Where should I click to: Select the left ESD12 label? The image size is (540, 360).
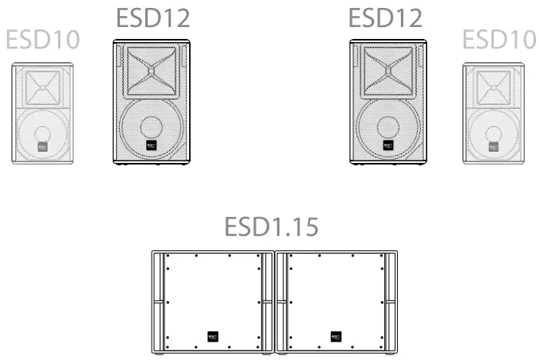click(153, 17)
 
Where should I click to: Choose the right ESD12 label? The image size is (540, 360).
click(386, 17)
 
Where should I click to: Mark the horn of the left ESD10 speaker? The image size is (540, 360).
click(42, 85)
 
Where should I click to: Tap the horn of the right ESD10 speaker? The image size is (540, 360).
click(493, 85)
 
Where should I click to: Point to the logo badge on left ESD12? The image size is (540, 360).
click(151, 146)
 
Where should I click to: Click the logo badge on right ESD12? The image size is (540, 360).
click(388, 146)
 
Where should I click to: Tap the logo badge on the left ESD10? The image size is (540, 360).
click(42, 148)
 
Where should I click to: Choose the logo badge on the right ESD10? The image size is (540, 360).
click(493, 148)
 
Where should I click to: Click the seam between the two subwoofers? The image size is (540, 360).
click(275, 302)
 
